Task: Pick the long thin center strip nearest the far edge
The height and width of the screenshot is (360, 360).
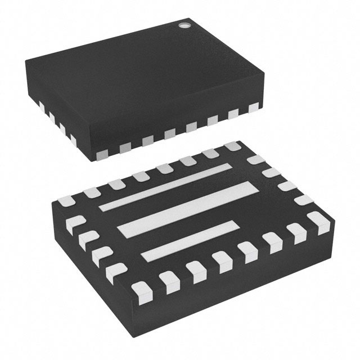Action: [165, 187]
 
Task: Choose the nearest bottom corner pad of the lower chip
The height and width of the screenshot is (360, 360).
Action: [139, 290]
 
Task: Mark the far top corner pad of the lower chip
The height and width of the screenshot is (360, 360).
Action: [232, 147]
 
